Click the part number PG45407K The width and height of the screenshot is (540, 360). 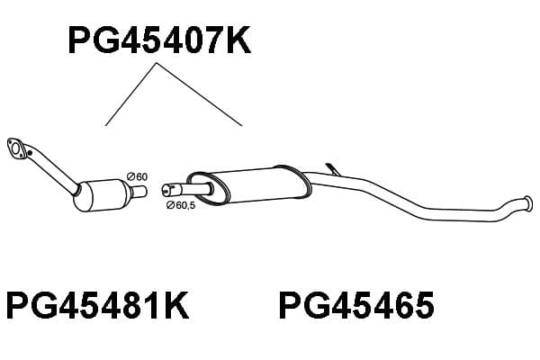[x=159, y=41]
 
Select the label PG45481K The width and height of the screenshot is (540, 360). [x=97, y=306]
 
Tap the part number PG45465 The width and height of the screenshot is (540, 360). [x=356, y=306]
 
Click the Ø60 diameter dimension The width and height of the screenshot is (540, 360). [x=137, y=176]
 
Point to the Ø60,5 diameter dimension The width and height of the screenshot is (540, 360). [x=181, y=205]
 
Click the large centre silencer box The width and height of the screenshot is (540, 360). [x=248, y=186]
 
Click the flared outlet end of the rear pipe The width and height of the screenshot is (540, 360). [x=528, y=202]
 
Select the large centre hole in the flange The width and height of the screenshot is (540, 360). [x=15, y=148]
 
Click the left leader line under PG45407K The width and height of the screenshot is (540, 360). [x=131, y=94]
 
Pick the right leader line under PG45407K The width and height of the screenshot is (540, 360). [x=200, y=94]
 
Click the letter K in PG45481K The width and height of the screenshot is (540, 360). [x=176, y=306]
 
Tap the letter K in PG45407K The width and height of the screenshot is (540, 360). [x=238, y=41]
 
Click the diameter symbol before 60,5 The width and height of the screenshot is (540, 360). [x=170, y=206]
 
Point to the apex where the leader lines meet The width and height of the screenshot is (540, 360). [x=157, y=63]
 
